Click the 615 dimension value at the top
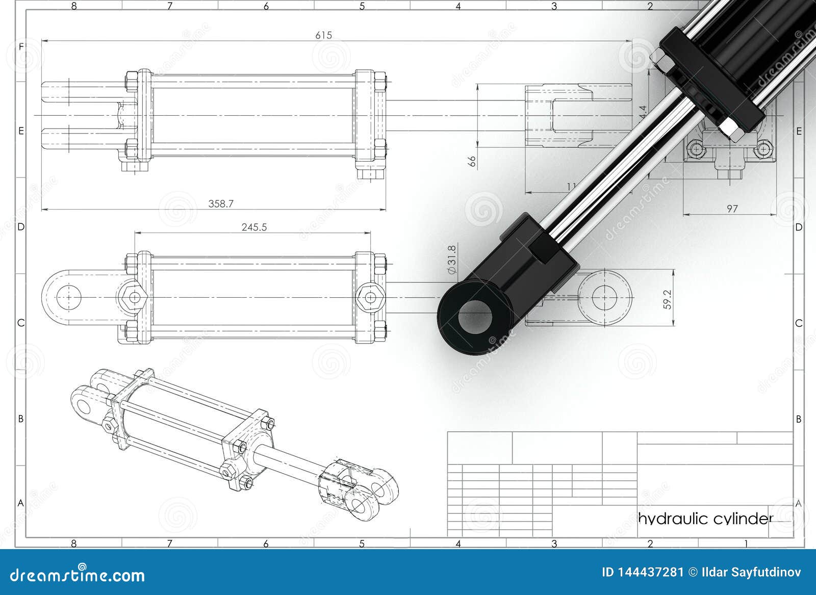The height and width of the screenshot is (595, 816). [323, 35]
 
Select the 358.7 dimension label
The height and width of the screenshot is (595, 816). [221, 203]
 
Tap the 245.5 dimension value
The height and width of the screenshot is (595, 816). [254, 227]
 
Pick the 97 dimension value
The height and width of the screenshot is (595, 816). [732, 209]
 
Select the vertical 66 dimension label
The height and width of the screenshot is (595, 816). [472, 161]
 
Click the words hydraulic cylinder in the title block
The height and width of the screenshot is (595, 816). [706, 519]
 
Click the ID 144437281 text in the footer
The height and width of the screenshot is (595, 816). [642, 572]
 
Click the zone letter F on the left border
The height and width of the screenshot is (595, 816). [21, 46]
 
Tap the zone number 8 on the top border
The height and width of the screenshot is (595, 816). [74, 6]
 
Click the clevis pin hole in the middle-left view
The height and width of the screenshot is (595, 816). [68, 297]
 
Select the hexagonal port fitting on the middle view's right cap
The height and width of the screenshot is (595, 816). [370, 297]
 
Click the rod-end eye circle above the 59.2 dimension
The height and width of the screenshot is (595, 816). [605, 296]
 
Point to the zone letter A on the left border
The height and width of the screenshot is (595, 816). [21, 503]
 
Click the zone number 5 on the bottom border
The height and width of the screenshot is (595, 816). [362, 544]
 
